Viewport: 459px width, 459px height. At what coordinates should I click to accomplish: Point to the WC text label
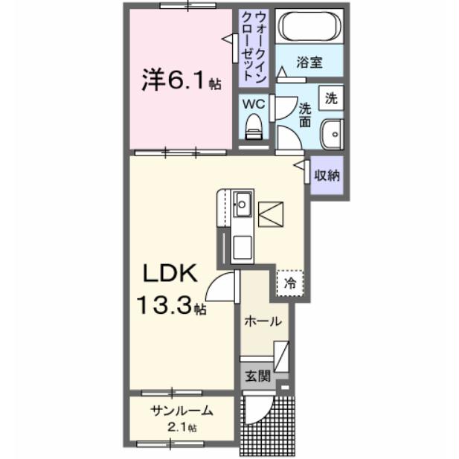[x=251, y=104]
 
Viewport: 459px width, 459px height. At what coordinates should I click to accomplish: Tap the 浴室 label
[x=309, y=62]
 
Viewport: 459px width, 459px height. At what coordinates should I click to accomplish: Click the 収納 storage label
[x=327, y=176]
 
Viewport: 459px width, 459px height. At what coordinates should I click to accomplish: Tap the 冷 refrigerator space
[x=291, y=283]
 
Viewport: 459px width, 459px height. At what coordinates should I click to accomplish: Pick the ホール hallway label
[x=263, y=322]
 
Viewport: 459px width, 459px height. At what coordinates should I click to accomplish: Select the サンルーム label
[x=182, y=410]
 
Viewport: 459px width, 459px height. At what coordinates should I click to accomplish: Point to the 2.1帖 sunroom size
[x=182, y=428]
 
